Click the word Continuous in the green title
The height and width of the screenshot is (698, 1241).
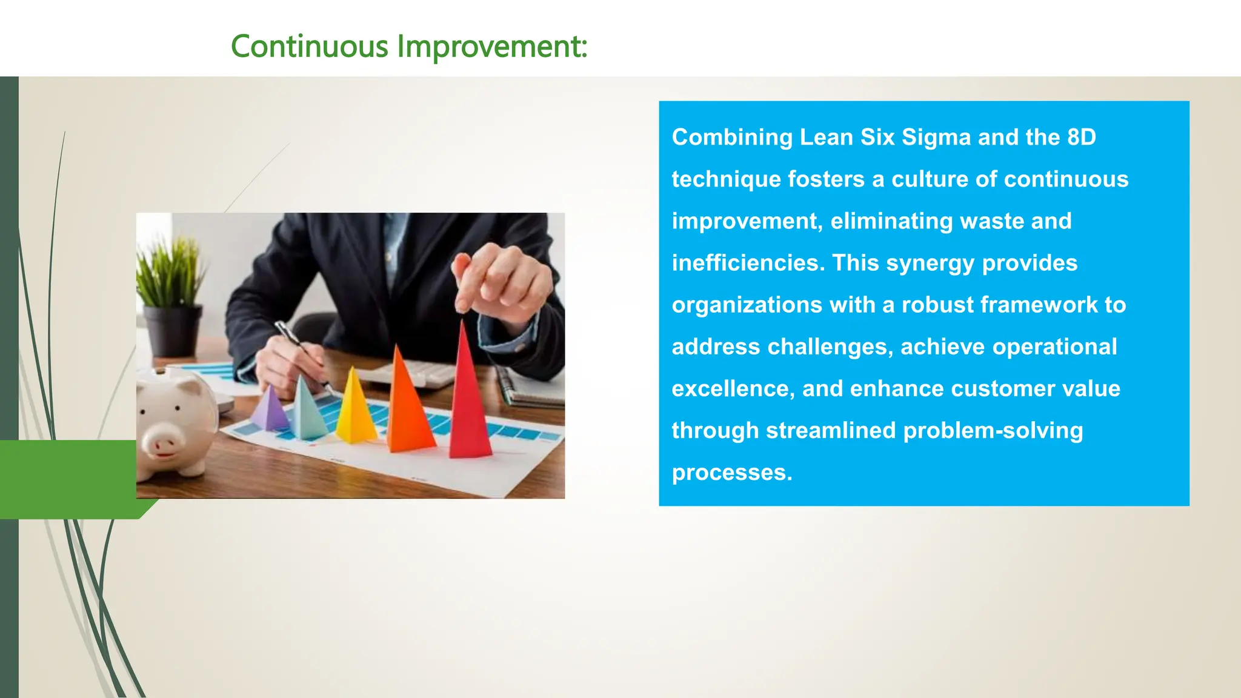(x=309, y=47)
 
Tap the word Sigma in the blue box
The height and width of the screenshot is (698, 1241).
(x=936, y=138)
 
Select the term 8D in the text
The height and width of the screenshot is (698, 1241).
(x=1082, y=138)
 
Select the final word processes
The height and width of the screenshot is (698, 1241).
(x=731, y=473)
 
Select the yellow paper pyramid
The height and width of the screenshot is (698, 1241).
(x=354, y=412)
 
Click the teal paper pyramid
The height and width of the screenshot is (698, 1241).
(x=305, y=412)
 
